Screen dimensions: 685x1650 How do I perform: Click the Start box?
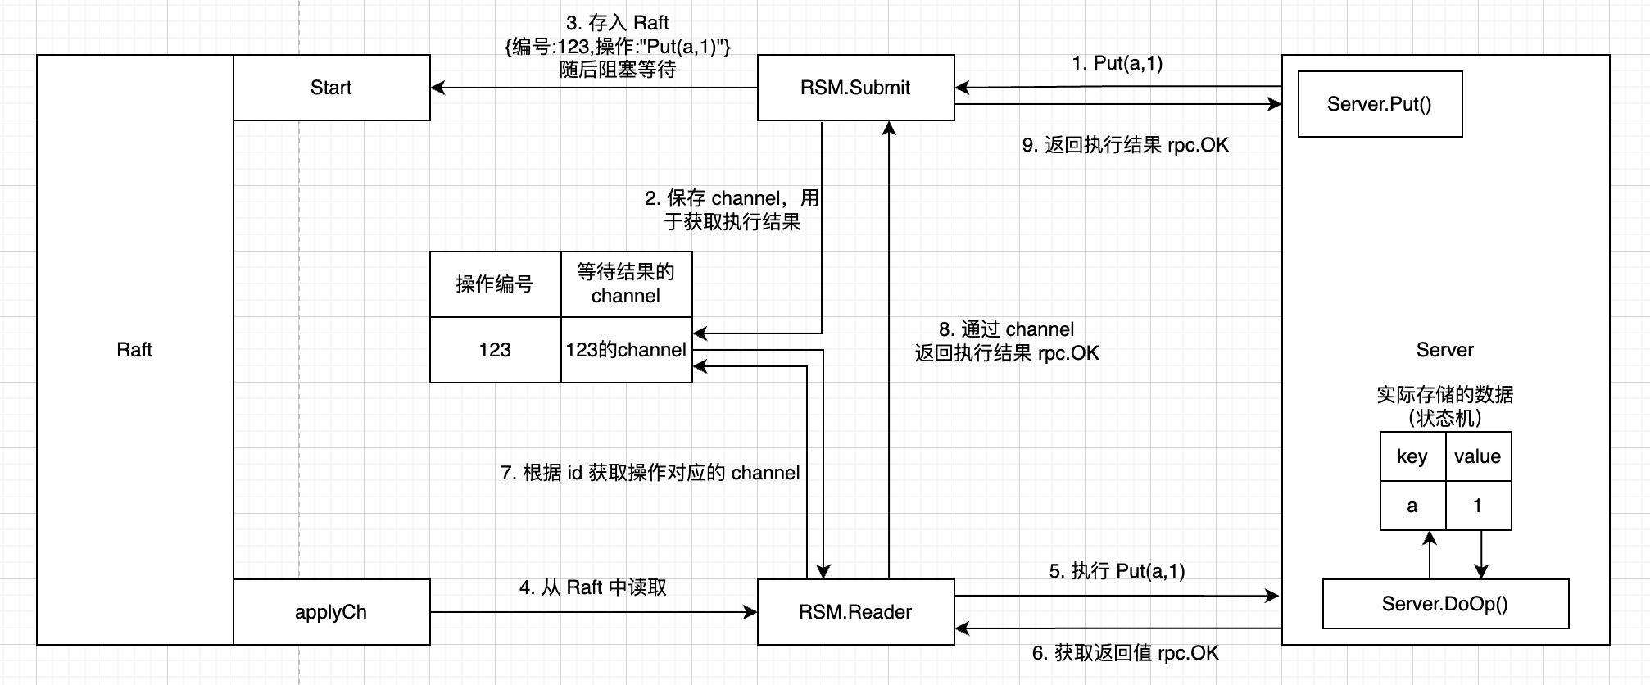coord(331,88)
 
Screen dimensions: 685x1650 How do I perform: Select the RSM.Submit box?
coord(855,88)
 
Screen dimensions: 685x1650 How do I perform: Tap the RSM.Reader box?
coord(855,612)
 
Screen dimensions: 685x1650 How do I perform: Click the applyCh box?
coord(331,612)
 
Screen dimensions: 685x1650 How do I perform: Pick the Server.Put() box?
coord(1380,104)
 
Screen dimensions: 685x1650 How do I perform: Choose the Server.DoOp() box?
coord(1445,604)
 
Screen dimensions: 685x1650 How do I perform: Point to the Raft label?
coord(134,350)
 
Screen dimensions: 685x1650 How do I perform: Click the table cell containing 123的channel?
coord(626,350)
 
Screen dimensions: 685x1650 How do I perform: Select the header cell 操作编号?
coord(495,284)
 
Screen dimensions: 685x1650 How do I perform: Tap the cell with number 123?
coord(495,350)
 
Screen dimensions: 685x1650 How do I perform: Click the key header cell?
coord(1412,456)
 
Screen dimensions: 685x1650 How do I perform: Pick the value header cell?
coord(1478,456)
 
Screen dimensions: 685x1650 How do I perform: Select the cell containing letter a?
coord(1412,506)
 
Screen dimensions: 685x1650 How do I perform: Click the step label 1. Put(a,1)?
coord(1117,63)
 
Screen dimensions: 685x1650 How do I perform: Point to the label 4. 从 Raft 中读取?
coord(593,587)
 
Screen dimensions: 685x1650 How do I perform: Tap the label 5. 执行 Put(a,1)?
coord(1117,571)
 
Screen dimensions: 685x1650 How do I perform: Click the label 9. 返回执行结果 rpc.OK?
coord(1126,145)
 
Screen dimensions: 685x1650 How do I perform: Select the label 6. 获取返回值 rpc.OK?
coord(1126,653)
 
